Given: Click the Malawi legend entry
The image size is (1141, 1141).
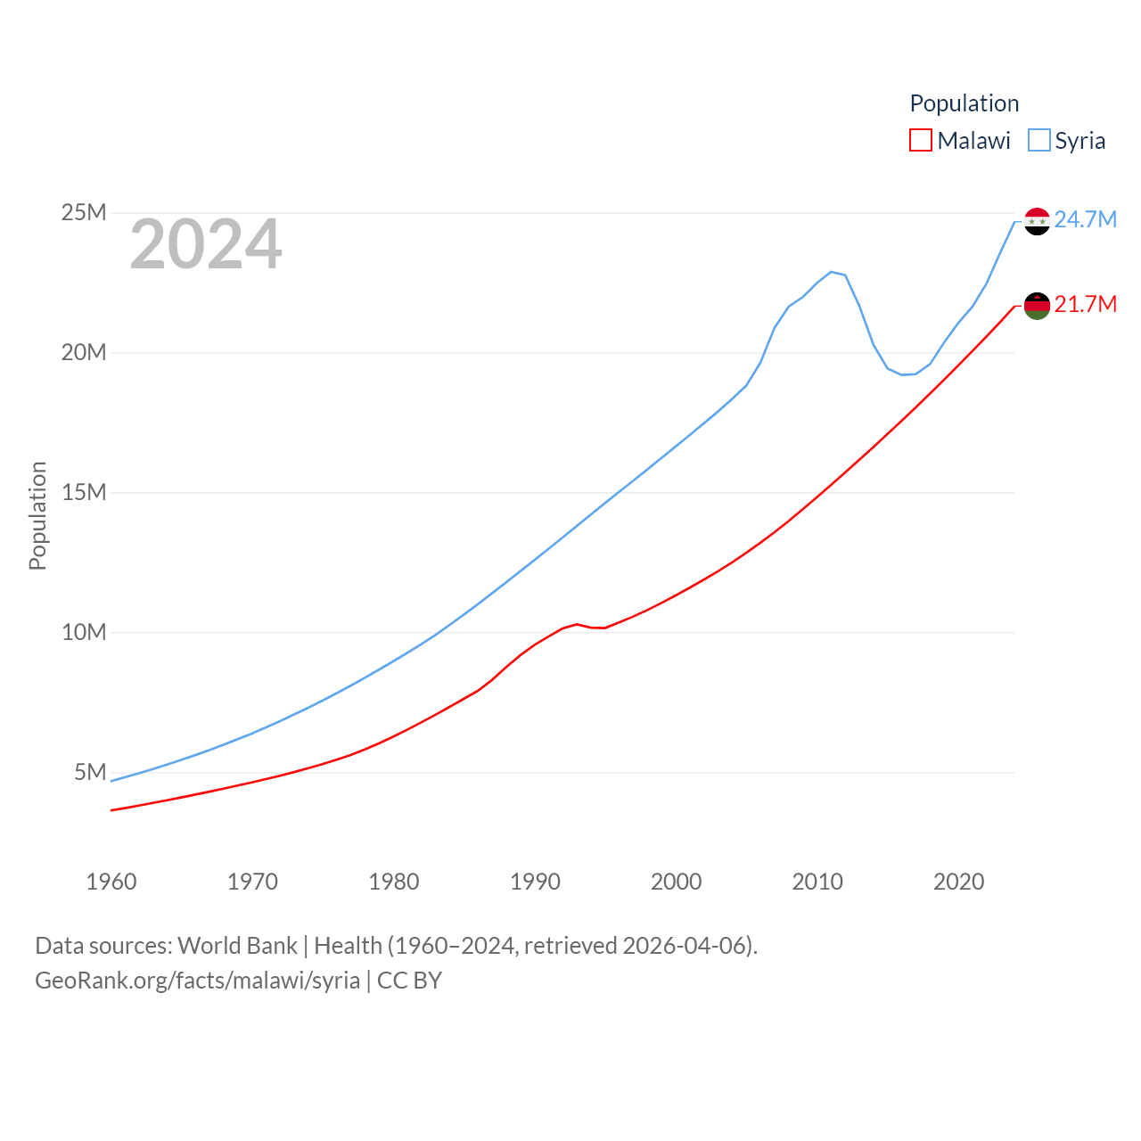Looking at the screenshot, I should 960,141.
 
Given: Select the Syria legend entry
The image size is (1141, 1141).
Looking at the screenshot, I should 1067,141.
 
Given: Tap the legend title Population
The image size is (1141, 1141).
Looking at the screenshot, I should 964,103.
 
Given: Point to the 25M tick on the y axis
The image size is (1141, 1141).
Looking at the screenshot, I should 84,213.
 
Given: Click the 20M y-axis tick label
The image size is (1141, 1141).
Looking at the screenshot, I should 84,353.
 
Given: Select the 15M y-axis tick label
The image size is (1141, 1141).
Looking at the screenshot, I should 84,493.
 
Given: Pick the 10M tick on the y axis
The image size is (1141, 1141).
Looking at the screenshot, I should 84,633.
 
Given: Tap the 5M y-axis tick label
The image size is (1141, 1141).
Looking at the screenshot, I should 90,772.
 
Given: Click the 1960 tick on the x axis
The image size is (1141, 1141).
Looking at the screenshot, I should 111,882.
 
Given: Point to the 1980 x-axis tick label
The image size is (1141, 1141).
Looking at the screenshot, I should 394,882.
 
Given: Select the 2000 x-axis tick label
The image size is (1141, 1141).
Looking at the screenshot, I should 677,882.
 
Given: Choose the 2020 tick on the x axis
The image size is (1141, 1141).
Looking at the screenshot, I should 959,882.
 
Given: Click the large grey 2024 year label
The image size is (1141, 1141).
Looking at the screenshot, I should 206,244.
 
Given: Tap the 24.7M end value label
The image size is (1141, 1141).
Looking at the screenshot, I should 1085,219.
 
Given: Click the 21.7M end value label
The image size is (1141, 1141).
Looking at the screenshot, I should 1085,305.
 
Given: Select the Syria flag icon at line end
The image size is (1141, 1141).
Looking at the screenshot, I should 1037,221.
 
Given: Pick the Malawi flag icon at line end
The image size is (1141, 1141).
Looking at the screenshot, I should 1037,306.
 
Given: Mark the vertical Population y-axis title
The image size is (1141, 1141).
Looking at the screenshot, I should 37,515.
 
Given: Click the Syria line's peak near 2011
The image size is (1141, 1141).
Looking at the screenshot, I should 831,272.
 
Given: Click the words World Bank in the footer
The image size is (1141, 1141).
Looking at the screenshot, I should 237,945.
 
